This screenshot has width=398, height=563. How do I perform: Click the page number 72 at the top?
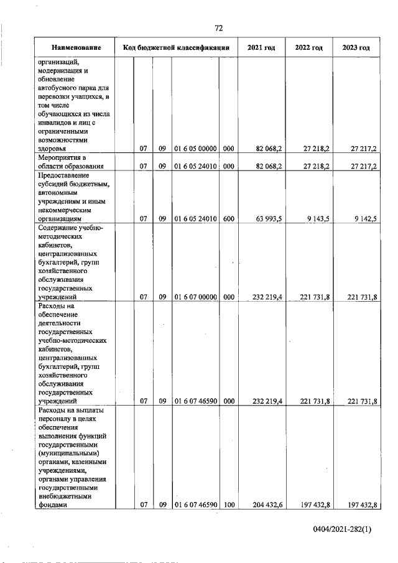(219, 28)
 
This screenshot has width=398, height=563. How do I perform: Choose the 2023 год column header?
(356, 48)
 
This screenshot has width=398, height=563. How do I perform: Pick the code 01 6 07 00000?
(195, 297)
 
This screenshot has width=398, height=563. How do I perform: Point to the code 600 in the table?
(228, 219)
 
